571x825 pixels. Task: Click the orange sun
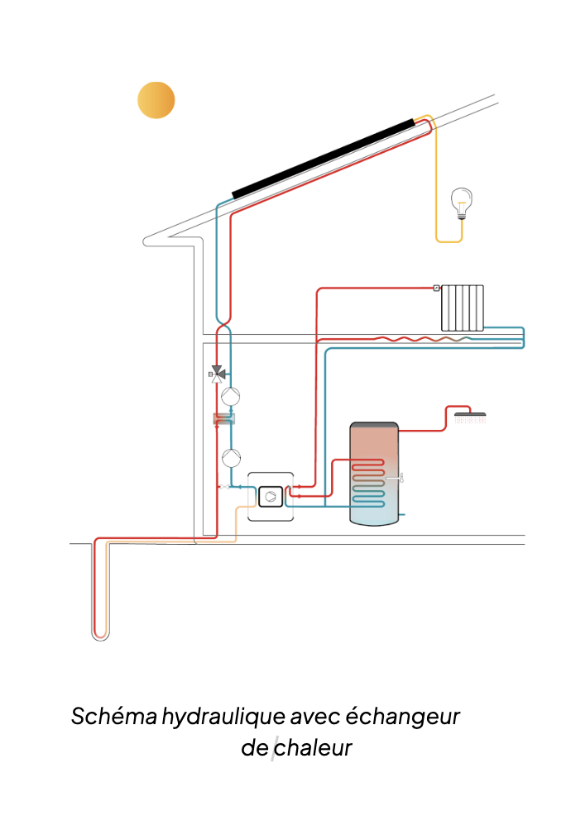pos(156,101)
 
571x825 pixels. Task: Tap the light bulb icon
pos(461,202)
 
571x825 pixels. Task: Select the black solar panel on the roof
pos(323,157)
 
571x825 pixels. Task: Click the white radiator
pos(462,308)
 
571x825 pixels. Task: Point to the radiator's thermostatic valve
pos(436,289)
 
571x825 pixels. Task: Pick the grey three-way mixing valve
pos(218,374)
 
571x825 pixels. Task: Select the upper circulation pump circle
pos(233,395)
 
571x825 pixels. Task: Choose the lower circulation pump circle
pos(233,455)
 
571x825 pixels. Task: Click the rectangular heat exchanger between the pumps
pos(224,419)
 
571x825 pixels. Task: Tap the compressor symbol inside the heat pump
pos(271,496)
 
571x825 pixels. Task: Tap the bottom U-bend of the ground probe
pos(99,636)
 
